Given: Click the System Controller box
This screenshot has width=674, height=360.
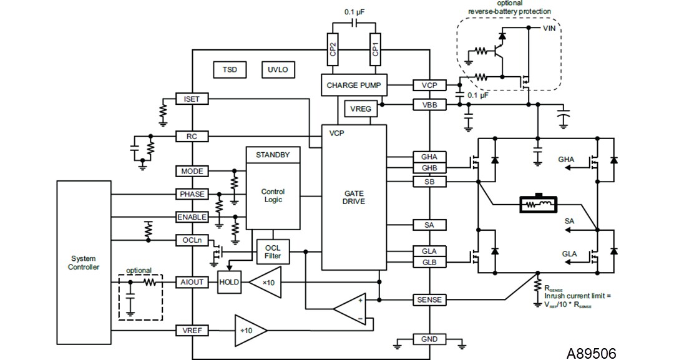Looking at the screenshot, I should point(84,263).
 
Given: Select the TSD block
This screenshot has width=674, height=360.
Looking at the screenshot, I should point(229,69).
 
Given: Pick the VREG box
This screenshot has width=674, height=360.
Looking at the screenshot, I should point(361,109).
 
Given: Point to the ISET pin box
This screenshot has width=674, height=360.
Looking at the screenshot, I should point(192,99).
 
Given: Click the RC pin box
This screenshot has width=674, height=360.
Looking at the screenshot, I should point(192,136).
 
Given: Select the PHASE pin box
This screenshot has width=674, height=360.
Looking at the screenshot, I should point(192,194).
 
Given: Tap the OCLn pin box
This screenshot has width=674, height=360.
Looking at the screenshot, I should point(192,240).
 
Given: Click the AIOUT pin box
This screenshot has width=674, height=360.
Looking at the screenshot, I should point(192,282).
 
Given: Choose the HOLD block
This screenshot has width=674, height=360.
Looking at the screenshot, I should point(229,282).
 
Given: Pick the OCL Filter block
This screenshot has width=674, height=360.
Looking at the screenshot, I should point(273,252).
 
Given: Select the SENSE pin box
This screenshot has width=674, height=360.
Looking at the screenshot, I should point(429,300).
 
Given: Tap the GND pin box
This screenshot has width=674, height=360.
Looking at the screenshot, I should point(429,339).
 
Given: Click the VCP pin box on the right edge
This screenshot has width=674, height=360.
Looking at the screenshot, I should point(429,85).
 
